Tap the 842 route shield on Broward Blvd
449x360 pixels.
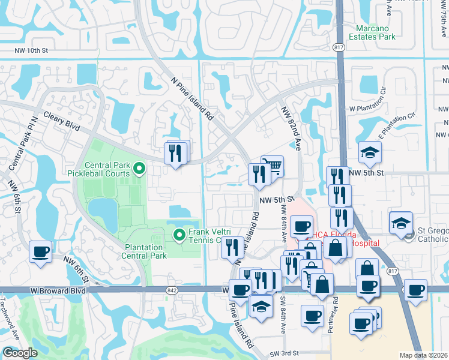171,290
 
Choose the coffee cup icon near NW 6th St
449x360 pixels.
40,252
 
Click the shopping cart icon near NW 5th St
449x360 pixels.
273,166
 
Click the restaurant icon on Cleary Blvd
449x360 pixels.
175,154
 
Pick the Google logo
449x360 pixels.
20,353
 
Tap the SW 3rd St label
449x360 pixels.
284,353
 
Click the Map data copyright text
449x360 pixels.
424,355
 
